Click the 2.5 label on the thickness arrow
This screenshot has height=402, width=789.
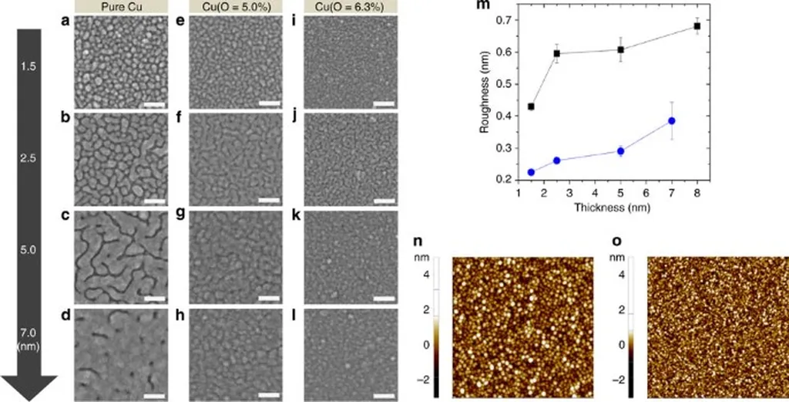point(29,157)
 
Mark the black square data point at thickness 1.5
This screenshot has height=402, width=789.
point(531,106)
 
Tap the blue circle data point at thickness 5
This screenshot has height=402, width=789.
point(620,151)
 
